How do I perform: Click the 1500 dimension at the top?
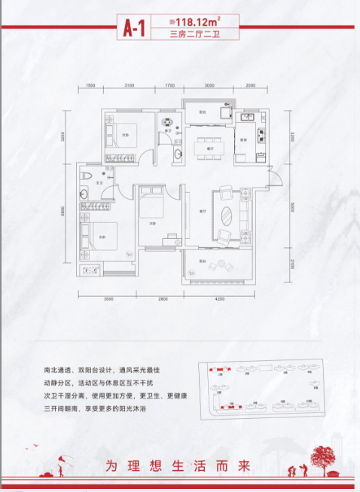(90, 86)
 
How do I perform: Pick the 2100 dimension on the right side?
(289, 263)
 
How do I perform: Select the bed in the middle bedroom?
(151, 203)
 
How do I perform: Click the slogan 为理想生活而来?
(178, 465)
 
